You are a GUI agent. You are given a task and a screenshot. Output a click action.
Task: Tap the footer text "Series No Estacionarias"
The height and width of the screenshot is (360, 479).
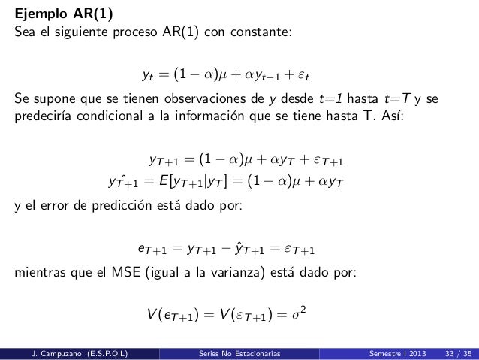coord(234,352)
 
